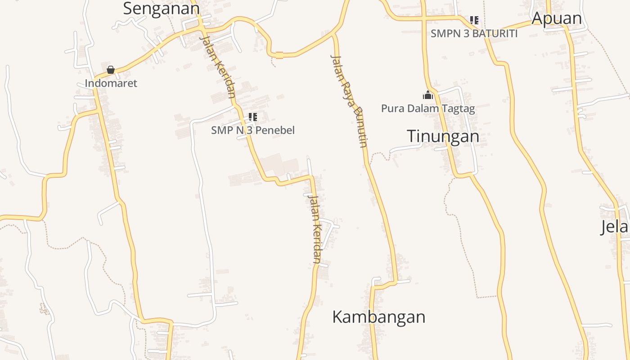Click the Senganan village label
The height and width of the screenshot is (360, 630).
coord(161,9)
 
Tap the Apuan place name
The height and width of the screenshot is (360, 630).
coord(556,18)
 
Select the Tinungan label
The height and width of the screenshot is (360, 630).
coord(443,136)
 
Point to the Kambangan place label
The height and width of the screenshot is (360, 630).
coord(378,317)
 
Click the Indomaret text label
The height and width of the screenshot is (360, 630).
coord(111,83)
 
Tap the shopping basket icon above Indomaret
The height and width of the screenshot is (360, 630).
coord(111,70)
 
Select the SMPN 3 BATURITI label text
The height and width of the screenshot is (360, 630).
coord(474,33)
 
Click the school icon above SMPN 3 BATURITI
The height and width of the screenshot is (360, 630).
coord(474,20)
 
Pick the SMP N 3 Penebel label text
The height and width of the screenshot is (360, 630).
coord(253,130)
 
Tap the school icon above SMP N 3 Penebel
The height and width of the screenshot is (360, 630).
coord(253,117)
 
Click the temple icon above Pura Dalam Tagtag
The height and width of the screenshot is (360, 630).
coord(427,95)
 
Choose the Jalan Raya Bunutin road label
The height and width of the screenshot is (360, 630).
coord(349,101)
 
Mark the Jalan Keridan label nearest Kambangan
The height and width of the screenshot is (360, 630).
coord(314,228)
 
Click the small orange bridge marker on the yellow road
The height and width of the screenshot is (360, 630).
coord(279,55)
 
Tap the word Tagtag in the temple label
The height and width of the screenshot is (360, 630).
coord(459,108)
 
